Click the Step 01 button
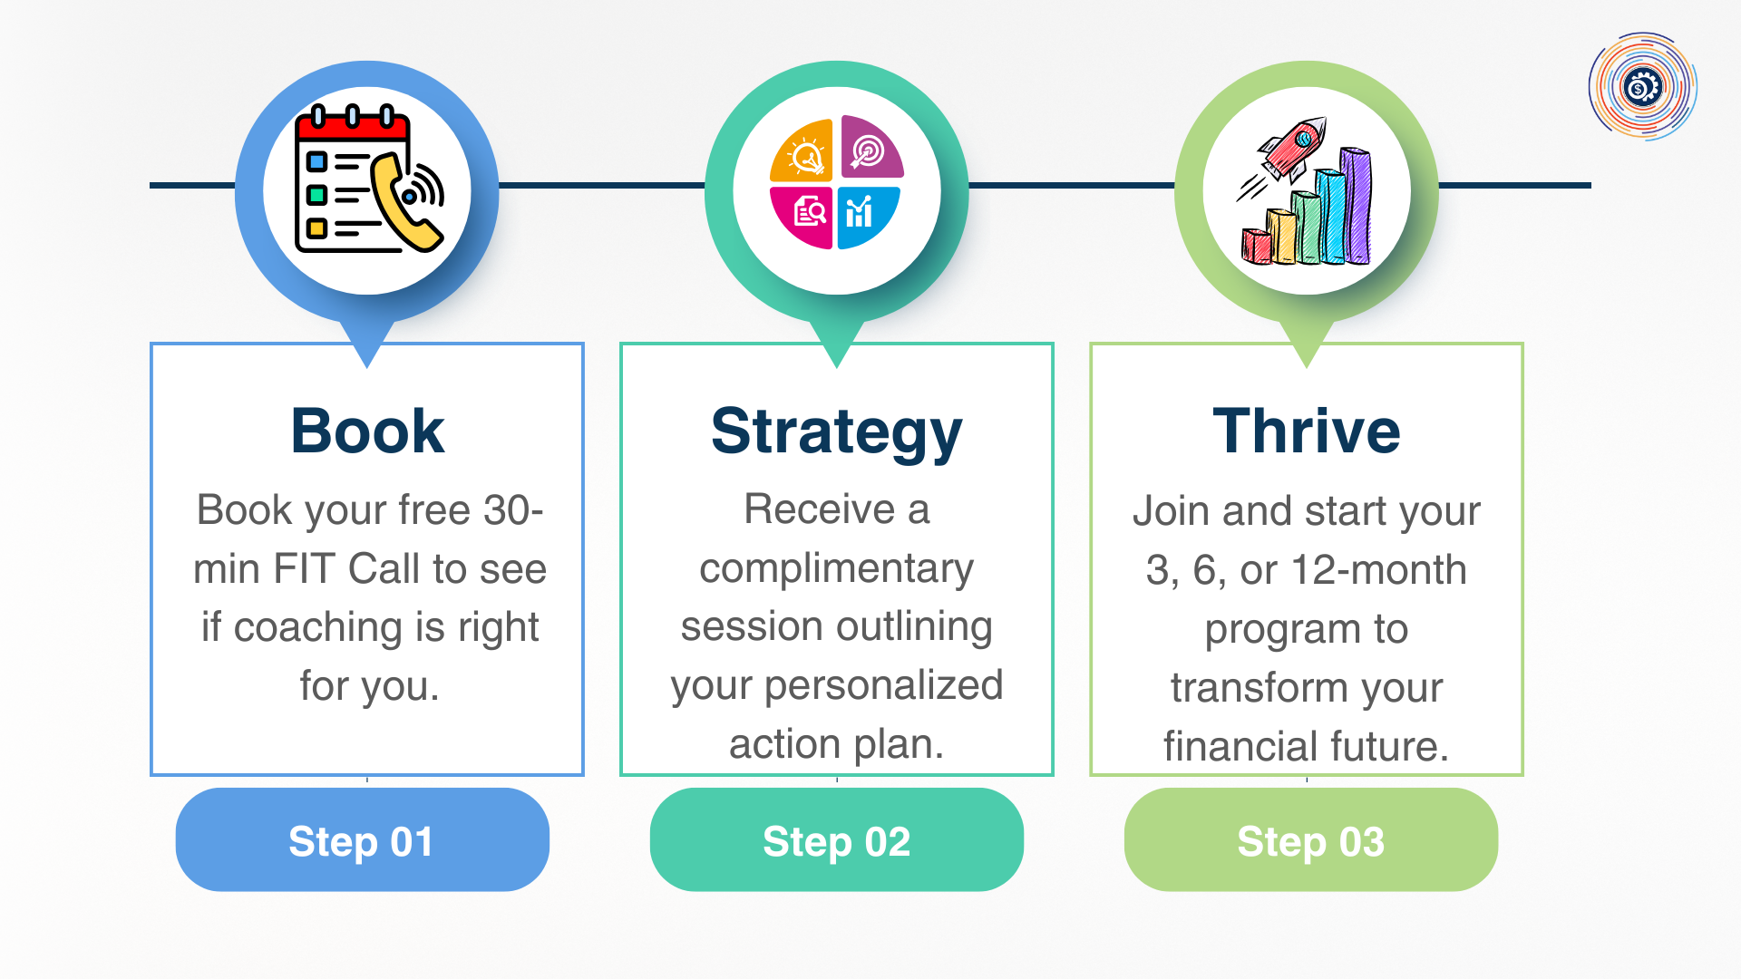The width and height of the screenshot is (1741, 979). (x=362, y=839)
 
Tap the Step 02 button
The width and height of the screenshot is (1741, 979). (x=836, y=839)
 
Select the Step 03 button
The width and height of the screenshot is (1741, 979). (x=1310, y=839)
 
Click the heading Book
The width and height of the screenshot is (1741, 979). (x=367, y=431)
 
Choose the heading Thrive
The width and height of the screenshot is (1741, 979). (x=1307, y=431)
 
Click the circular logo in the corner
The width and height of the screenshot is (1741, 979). (x=1642, y=87)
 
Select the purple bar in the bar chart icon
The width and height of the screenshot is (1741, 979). (x=1356, y=206)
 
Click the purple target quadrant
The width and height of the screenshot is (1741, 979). (x=871, y=148)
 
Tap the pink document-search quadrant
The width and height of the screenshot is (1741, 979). (x=803, y=216)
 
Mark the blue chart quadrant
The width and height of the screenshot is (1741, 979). (x=867, y=216)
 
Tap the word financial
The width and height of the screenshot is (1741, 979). (x=1227, y=747)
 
